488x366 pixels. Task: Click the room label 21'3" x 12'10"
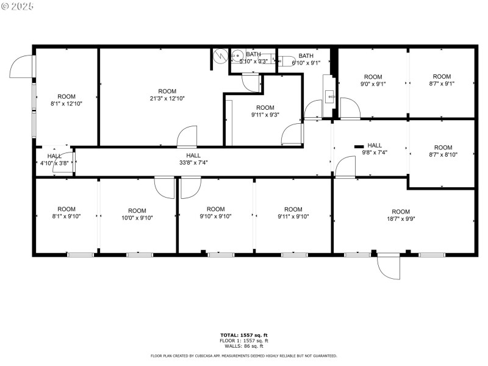(x=163, y=95)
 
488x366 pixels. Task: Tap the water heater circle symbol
(x=220, y=56)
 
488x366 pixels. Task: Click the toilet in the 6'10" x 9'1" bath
(x=285, y=62)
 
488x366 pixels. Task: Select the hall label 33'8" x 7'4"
(x=193, y=159)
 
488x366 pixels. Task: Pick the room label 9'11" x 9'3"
(x=265, y=111)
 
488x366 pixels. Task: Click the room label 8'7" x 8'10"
(x=443, y=151)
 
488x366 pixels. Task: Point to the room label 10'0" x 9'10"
(x=137, y=215)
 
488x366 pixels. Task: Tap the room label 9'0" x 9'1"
(x=372, y=81)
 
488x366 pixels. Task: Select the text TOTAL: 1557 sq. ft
(x=244, y=335)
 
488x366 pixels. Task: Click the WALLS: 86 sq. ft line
(x=244, y=346)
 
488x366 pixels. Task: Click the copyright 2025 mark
(x=18, y=6)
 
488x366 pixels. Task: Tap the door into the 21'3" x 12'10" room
(x=187, y=137)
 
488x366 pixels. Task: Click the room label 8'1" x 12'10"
(x=66, y=100)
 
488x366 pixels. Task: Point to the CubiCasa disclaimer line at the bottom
(x=244, y=356)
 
